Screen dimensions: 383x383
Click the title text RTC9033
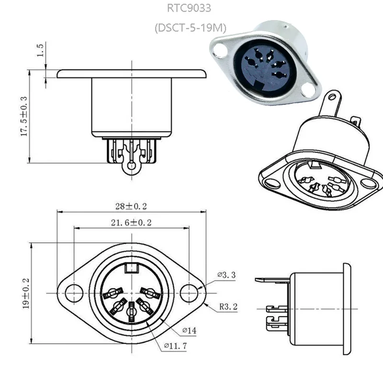190,8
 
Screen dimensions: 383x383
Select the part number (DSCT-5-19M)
190,28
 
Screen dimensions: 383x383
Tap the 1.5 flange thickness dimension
40,50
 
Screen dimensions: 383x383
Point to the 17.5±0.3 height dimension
23,116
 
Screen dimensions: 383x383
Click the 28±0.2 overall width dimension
130,206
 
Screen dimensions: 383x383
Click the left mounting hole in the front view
74,293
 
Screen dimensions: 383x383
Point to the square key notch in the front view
131,268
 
